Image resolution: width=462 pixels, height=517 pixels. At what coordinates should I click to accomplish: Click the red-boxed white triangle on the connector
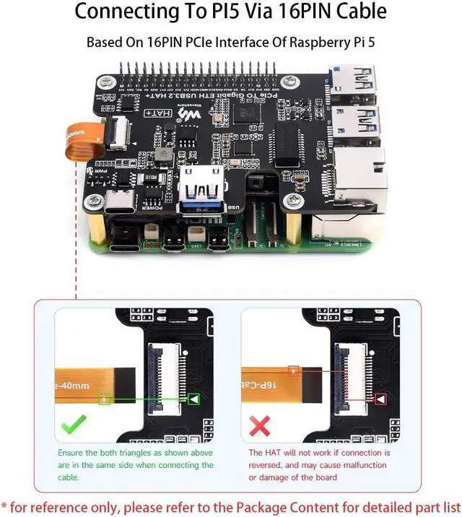380,398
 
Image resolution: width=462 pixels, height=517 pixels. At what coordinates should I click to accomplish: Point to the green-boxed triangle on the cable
105,398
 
